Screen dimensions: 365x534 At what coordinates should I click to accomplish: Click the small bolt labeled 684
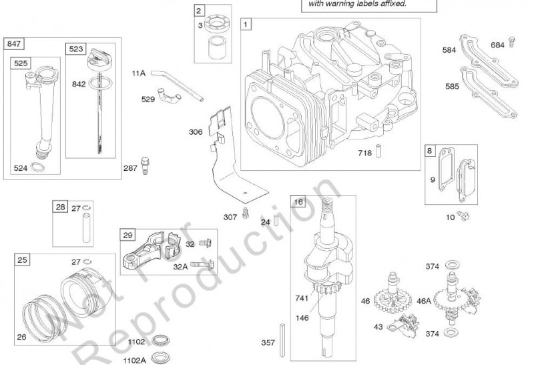[511, 41]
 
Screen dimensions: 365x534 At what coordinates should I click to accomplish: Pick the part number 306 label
[196, 132]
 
